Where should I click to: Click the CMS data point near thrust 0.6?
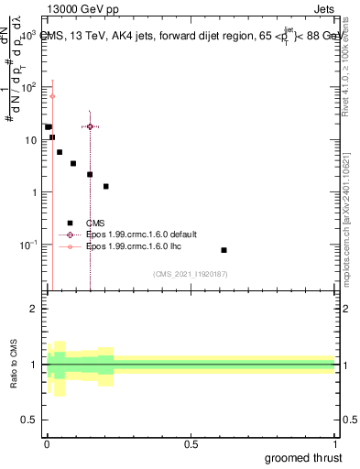(x=224, y=250)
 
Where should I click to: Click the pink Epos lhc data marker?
(x=52, y=96)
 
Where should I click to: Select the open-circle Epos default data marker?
(x=90, y=126)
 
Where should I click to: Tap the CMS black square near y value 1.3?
(x=106, y=186)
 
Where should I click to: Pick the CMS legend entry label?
(x=95, y=223)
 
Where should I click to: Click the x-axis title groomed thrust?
(x=305, y=457)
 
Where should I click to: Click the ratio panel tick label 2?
(x=35, y=309)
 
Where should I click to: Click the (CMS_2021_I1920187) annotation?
(x=191, y=274)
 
